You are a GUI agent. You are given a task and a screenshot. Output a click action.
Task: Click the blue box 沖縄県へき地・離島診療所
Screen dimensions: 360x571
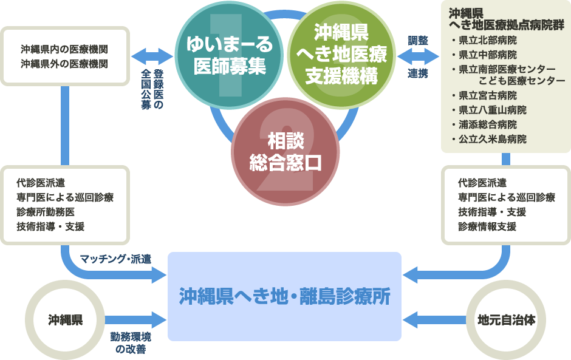[284, 296]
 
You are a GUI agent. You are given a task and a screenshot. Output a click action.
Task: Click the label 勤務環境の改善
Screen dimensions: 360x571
[131, 343]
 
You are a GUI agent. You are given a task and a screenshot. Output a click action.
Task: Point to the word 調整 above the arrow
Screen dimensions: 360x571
[418, 41]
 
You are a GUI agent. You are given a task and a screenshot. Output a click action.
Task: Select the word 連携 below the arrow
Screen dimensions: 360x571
[418, 73]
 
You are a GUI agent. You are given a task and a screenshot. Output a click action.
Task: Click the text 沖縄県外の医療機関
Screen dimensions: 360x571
[64, 63]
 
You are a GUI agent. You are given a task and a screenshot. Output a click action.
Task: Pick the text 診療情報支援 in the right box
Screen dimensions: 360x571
[487, 226]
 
